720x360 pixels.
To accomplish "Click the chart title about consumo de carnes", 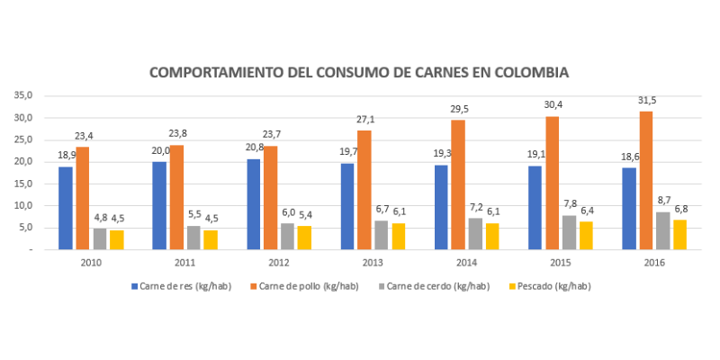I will point(359,72).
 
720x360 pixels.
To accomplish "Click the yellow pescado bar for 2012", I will point(305,238).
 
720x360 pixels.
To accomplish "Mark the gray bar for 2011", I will point(193,238).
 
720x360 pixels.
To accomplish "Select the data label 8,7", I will point(663,199).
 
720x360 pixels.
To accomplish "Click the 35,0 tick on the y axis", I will point(24,95).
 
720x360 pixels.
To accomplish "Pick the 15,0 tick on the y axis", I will point(24,184).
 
